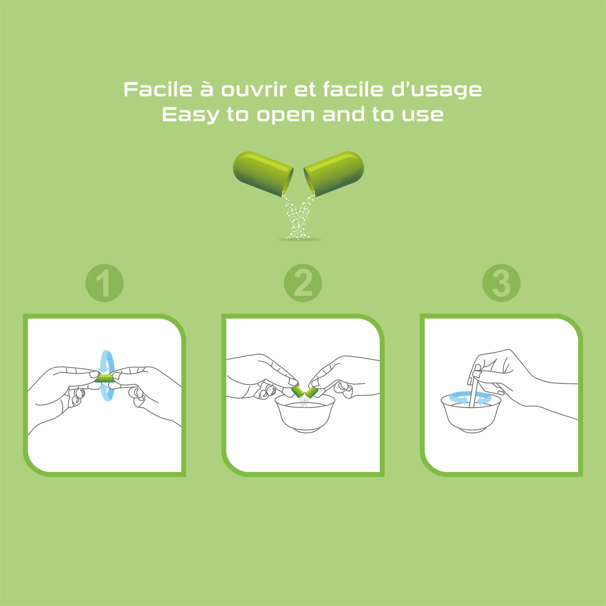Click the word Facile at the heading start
tap(158, 89)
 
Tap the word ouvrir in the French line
tap(254, 89)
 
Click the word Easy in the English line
tap(191, 115)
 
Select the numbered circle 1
tap(105, 283)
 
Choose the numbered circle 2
tap(303, 283)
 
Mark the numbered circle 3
tap(501, 283)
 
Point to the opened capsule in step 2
tap(305, 392)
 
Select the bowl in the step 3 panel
tap(471, 413)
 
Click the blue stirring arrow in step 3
tap(470, 398)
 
